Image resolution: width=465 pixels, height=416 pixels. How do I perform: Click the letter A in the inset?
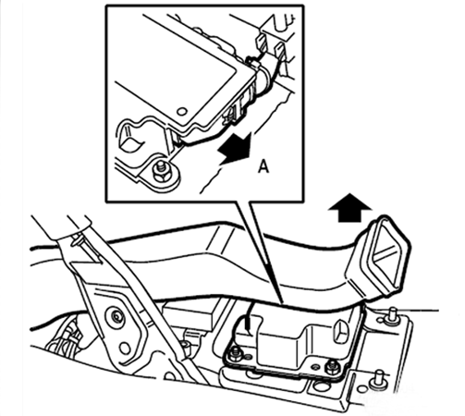pos(263,166)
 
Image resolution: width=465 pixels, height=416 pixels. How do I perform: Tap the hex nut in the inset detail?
pos(162,174)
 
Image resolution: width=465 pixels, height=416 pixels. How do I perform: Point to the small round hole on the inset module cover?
pos(182,111)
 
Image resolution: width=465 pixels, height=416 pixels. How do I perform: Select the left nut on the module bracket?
pos(236,354)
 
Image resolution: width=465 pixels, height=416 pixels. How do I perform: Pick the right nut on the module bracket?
pos(332,367)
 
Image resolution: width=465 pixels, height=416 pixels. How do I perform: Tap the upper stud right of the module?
pos(391,315)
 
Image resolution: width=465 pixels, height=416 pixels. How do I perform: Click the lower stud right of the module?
pos(378,378)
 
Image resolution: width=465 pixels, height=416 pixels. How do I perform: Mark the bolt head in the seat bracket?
pos(116,316)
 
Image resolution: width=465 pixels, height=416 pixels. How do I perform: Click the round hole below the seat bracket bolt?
pos(125,349)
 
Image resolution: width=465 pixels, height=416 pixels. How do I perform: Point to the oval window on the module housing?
pos(340,331)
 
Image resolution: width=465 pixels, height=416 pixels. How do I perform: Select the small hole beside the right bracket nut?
pos(315,367)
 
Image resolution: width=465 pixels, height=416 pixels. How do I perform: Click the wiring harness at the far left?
pos(67,339)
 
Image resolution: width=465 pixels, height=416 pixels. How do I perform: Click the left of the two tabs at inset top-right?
pos(260,42)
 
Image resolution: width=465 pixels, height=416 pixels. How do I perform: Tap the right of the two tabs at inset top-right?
pos(280,49)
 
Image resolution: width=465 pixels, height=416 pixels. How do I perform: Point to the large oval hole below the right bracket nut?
pos(321,386)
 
